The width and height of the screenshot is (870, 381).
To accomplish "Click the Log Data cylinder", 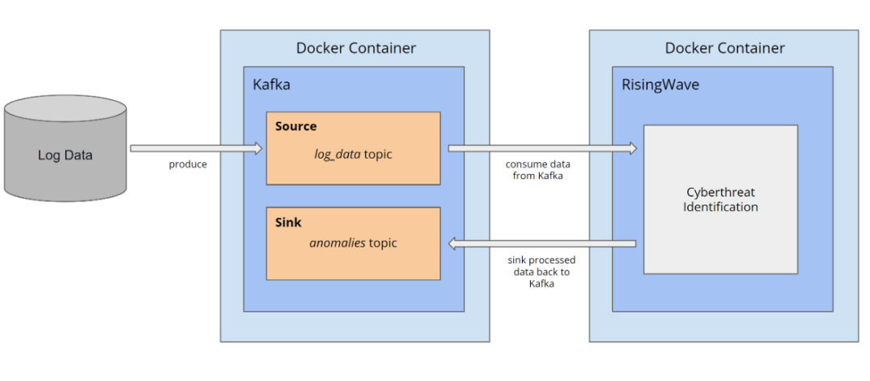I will (x=65, y=148).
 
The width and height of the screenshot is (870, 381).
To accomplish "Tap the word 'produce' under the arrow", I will (x=188, y=164).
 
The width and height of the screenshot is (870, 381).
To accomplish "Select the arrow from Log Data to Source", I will (x=193, y=148).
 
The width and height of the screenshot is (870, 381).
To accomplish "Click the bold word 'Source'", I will (x=296, y=126).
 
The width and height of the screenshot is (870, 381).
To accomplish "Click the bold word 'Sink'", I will (x=288, y=222).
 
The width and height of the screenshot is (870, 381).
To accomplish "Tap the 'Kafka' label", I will (x=271, y=84).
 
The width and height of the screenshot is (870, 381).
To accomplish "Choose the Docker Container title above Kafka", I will (x=356, y=48).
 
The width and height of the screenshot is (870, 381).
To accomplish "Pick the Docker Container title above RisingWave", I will (x=724, y=48).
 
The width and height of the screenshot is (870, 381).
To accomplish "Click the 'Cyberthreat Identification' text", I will (x=720, y=200).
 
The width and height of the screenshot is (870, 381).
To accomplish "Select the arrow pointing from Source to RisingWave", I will (x=540, y=148).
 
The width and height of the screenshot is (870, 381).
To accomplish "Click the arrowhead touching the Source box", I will (x=258, y=148).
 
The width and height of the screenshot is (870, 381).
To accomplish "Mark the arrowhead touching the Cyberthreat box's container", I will (x=632, y=148).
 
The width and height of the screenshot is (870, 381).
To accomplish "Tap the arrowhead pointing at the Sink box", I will (x=453, y=243).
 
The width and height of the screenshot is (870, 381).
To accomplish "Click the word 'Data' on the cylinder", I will (x=77, y=155).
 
